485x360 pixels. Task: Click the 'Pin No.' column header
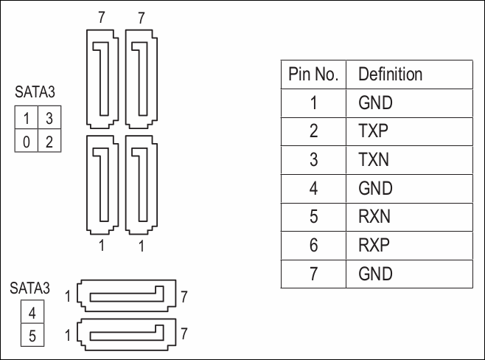tap(313, 75)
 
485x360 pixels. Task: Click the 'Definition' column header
tap(390, 75)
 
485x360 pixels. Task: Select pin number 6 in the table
tap(313, 245)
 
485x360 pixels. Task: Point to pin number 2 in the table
tap(313, 131)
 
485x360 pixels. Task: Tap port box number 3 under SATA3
tap(49, 118)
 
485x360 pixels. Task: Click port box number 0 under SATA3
tap(27, 141)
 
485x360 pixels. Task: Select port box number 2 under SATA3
tap(49, 141)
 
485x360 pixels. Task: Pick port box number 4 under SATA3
tap(32, 313)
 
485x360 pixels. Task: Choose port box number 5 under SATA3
tap(32, 336)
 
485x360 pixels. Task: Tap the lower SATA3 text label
tap(30, 288)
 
